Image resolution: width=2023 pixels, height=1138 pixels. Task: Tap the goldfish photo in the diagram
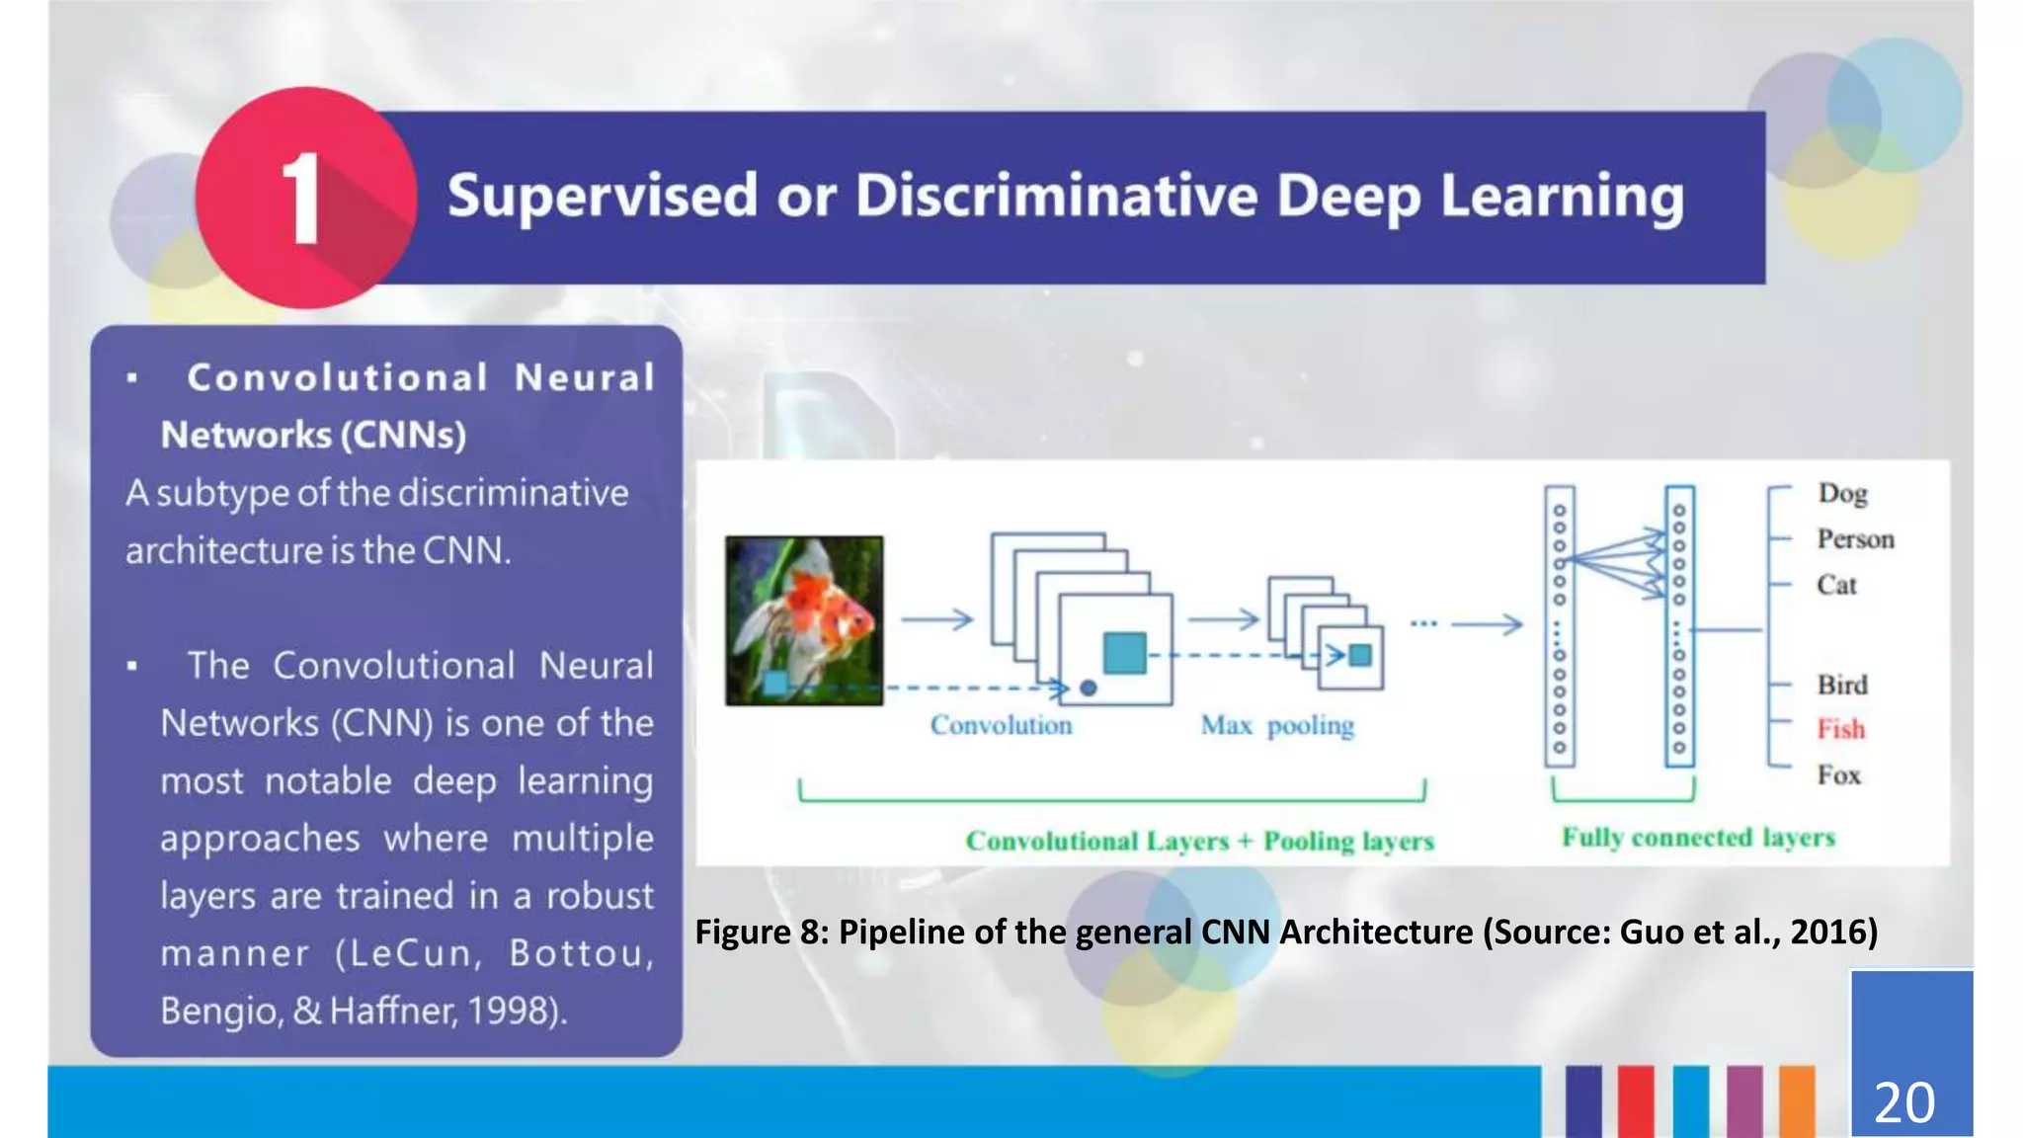pos(804,620)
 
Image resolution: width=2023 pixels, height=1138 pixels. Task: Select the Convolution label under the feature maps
pos(1001,726)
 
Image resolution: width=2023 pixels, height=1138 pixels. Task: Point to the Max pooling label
pos(1276,726)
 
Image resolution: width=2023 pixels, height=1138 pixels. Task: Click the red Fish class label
pos(1840,729)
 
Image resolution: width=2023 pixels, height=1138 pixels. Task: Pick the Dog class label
pos(1842,493)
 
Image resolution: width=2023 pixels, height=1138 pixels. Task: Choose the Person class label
pos(1855,539)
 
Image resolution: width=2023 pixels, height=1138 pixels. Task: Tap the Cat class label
pos(1836,585)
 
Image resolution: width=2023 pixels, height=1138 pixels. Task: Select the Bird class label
pos(1842,685)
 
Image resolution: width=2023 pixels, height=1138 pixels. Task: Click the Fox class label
pos(1838,775)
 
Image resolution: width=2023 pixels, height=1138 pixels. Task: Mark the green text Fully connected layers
pos(1697,838)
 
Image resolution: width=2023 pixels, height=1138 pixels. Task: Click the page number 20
pos(1903,1102)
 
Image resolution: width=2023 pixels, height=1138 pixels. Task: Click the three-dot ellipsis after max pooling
pos(1423,623)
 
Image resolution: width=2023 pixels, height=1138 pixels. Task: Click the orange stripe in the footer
pos(1797,1100)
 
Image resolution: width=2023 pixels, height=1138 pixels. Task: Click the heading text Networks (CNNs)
pos(313,435)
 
